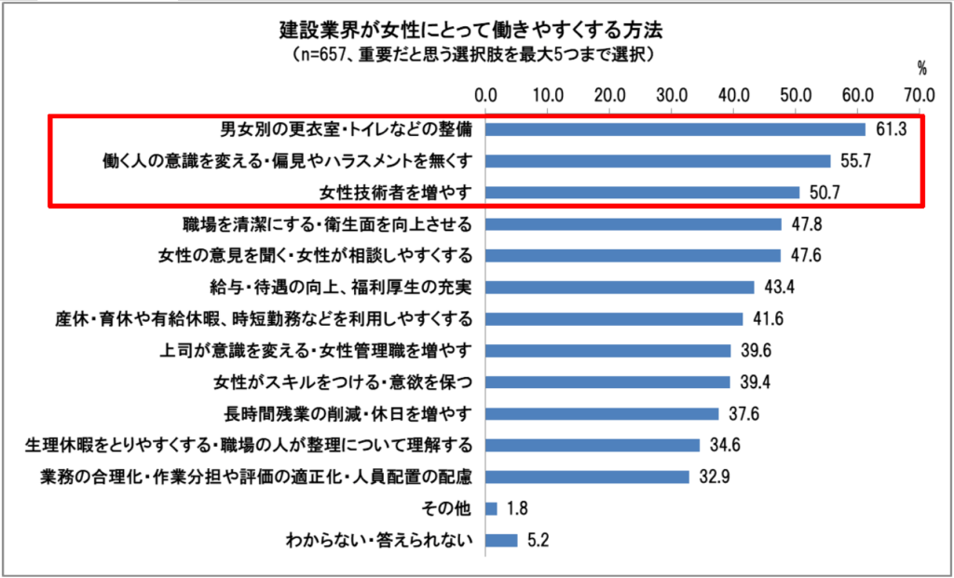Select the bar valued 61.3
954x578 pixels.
(675, 128)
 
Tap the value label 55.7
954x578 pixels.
(854, 161)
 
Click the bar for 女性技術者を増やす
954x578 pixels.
(642, 193)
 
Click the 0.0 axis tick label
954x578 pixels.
(485, 94)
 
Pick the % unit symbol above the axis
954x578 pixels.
(921, 67)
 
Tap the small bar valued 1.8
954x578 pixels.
(491, 508)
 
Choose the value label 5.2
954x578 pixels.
(537, 540)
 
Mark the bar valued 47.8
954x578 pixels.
(633, 224)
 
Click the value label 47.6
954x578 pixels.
(806, 256)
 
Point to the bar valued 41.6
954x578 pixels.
(614, 318)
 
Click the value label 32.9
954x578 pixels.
(714, 477)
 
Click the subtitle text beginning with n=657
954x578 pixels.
(476, 55)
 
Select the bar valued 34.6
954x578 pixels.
(592, 445)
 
